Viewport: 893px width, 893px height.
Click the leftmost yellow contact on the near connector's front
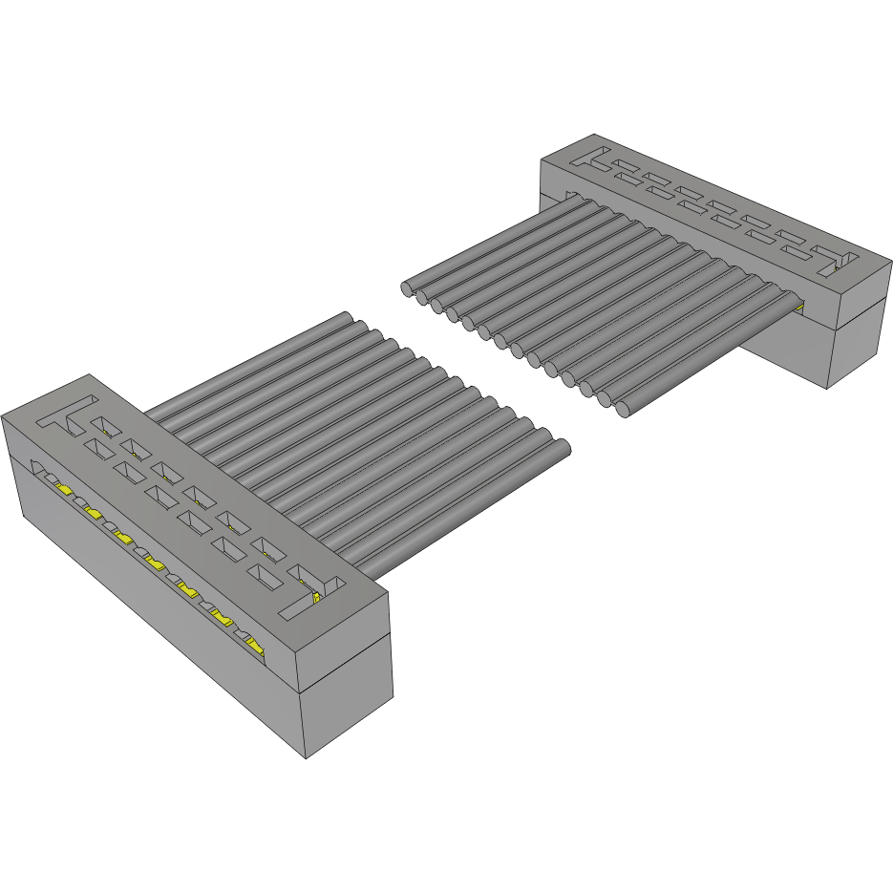point(64,488)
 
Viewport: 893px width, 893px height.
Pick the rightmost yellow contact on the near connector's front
point(256,648)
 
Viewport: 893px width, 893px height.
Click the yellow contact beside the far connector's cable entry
point(798,307)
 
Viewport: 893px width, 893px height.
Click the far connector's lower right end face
point(857,345)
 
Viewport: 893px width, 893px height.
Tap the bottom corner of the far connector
point(827,389)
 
